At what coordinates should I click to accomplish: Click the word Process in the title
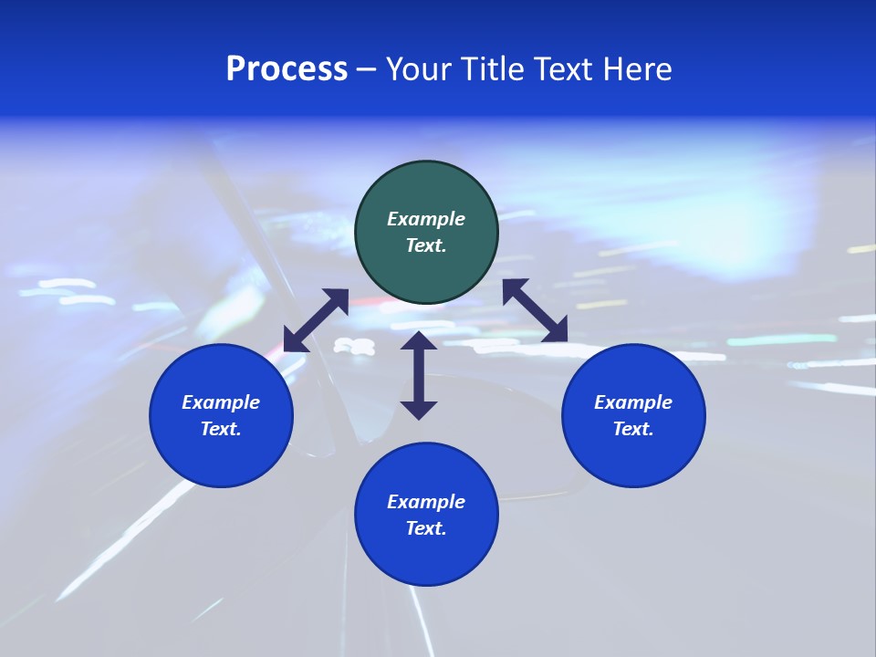click(x=287, y=69)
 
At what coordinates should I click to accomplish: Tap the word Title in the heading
click(x=492, y=69)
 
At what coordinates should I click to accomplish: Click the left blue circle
click(x=221, y=415)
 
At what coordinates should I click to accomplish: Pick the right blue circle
click(x=633, y=415)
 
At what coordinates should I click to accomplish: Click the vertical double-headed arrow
click(x=419, y=375)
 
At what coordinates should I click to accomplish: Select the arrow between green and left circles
click(x=316, y=320)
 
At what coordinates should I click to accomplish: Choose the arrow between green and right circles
click(x=535, y=310)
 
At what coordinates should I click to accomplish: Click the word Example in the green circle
click(x=426, y=219)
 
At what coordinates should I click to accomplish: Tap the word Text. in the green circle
click(x=426, y=245)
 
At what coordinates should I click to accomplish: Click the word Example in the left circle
click(x=221, y=402)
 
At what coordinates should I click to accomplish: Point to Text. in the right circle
click(x=633, y=429)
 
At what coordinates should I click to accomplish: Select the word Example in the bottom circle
click(x=426, y=502)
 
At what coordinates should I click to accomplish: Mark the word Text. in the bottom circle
click(x=426, y=528)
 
